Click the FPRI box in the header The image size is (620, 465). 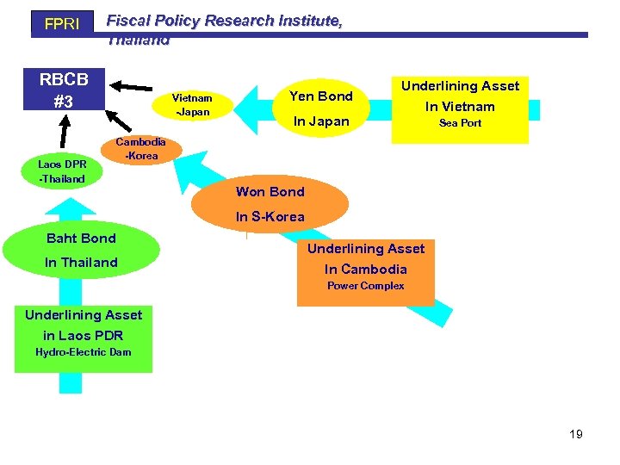[x=61, y=24]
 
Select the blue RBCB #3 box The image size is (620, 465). [x=63, y=90]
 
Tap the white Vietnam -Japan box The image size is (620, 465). [x=192, y=105]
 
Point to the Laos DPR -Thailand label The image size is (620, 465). [x=62, y=171]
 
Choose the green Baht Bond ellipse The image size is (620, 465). [x=81, y=250]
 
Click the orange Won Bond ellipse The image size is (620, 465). [x=270, y=202]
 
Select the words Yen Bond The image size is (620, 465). [x=320, y=96]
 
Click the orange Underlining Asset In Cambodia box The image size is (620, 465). [x=365, y=268]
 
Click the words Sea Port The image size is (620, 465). [x=460, y=123]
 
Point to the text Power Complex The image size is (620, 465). [x=365, y=286]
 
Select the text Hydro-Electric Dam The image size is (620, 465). [x=84, y=351]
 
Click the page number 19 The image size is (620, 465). [x=576, y=434]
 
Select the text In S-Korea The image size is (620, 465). [x=270, y=217]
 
